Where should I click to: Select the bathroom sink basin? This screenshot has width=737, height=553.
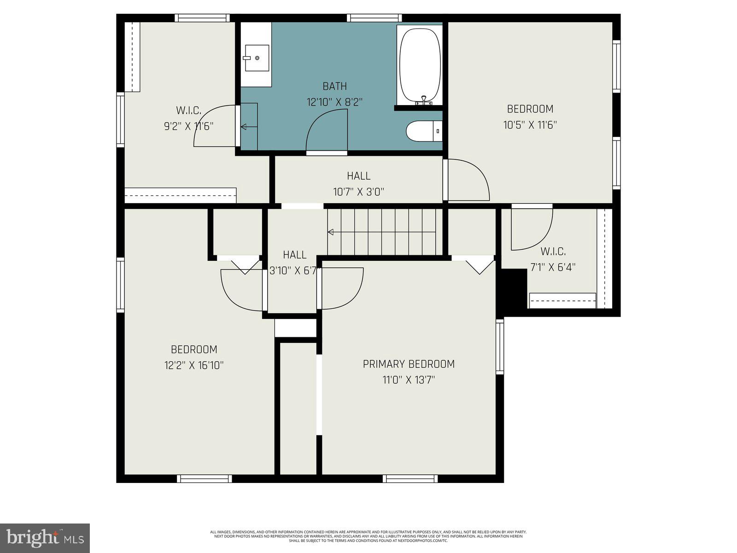(257, 58)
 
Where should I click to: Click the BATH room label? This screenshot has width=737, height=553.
(334, 86)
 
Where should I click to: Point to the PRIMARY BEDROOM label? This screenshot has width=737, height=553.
(409, 364)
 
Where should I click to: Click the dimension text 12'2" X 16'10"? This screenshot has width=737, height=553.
(194, 365)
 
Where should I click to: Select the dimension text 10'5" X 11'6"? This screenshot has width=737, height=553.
(530, 125)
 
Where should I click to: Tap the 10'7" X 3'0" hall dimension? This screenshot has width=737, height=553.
(358, 192)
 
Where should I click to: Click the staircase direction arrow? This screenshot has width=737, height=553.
(331, 232)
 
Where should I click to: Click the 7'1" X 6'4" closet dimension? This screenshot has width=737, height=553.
(553, 267)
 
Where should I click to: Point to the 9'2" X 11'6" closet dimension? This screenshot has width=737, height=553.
(188, 126)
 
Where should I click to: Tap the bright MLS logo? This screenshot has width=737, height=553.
(45, 538)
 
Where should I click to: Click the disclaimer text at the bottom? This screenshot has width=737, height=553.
(368, 536)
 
